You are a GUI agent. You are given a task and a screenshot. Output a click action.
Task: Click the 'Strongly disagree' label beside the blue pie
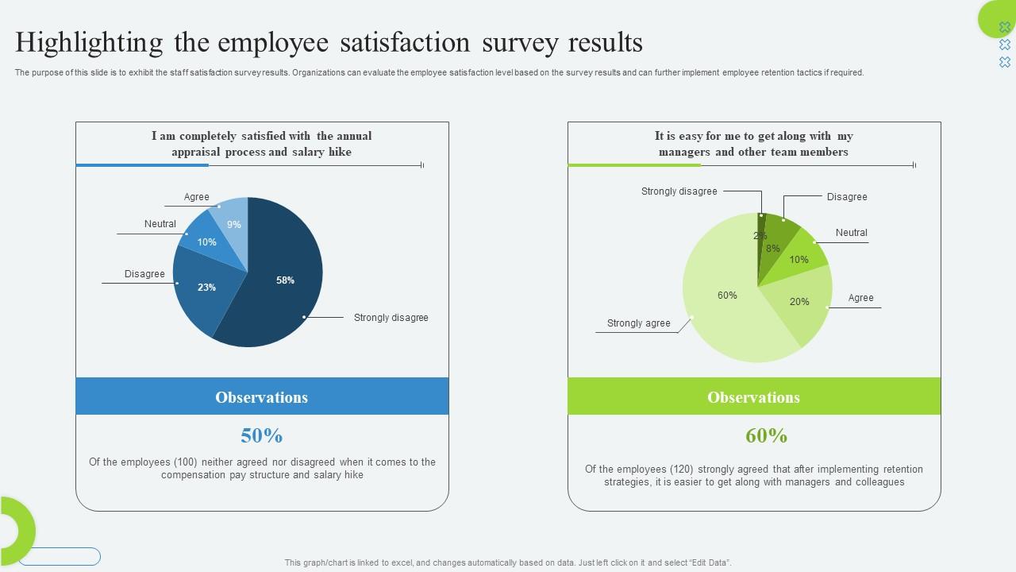pos(391,318)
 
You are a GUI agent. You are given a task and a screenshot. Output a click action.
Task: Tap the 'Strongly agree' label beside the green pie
pos(638,323)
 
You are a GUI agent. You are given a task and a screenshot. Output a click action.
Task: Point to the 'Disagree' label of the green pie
pos(847,197)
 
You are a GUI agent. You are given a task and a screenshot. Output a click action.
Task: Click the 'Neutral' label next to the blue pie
pos(160,224)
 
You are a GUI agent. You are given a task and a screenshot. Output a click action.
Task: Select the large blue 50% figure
pos(262,435)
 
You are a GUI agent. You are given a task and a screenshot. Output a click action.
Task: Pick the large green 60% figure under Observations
pos(766,435)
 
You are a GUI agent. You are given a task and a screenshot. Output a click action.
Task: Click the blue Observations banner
pos(262,396)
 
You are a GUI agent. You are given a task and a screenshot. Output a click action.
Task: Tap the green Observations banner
pos(754,396)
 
